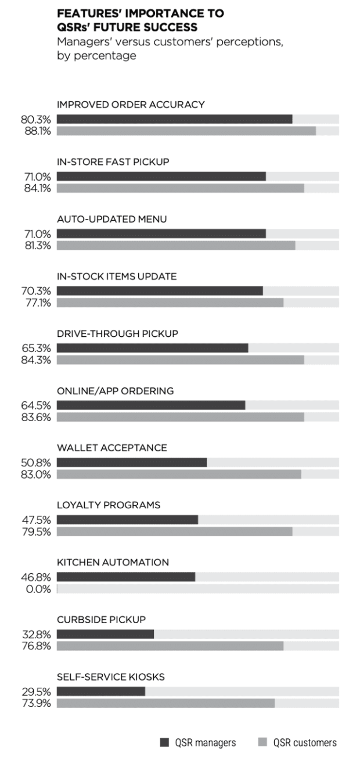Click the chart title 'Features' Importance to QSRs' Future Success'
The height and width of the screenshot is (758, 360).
point(140,20)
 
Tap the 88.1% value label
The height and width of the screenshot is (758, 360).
point(36,131)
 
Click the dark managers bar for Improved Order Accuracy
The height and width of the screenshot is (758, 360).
point(174,119)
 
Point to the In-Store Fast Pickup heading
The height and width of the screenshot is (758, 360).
point(113,162)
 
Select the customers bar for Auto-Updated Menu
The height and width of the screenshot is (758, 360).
point(176,245)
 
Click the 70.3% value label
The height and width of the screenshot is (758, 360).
point(36,291)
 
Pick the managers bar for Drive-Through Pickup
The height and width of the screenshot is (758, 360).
point(152,348)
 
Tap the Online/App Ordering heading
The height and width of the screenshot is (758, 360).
point(115,391)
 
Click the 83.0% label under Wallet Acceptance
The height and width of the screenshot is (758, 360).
point(36,475)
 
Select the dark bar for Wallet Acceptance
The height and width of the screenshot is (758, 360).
point(132,463)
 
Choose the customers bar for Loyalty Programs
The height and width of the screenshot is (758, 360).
point(174,531)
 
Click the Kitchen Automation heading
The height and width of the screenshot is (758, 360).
point(113,562)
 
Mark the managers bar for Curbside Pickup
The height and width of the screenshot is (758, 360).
point(105,634)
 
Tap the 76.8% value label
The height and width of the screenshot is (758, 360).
point(36,646)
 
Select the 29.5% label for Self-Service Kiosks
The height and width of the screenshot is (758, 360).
point(36,692)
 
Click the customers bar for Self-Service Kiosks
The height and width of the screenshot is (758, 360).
point(165,703)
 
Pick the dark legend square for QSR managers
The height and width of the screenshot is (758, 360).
point(164,742)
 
